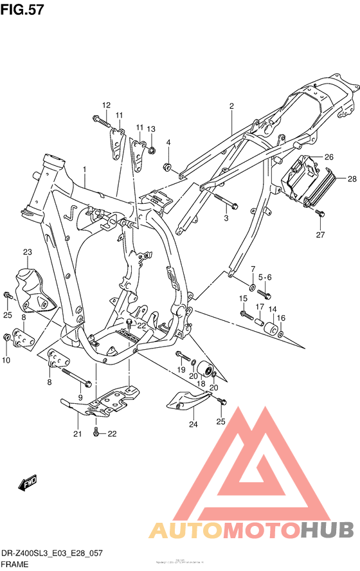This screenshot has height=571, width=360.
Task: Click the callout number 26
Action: coord(328,156)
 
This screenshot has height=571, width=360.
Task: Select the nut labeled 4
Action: coord(168,169)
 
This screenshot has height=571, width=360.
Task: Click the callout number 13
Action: coord(151,129)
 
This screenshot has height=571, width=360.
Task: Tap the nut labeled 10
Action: coord(8,336)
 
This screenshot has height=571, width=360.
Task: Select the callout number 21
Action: coord(78,433)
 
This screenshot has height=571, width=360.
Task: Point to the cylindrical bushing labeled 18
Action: coord(205,370)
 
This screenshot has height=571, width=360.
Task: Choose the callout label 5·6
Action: coord(265,277)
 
